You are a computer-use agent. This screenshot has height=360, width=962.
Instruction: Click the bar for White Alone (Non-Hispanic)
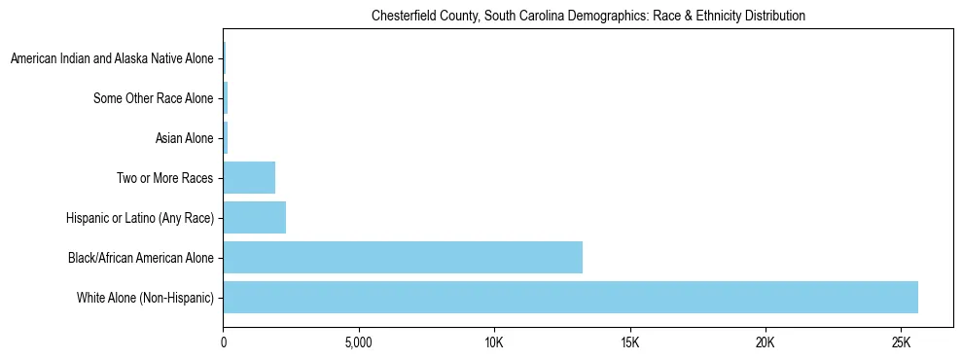(x=570, y=297)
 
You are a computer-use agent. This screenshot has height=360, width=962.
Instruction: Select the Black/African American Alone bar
(x=403, y=257)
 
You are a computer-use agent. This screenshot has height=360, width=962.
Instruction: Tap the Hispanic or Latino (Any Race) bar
(x=255, y=217)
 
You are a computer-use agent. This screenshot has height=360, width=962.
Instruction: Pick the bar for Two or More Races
(x=249, y=177)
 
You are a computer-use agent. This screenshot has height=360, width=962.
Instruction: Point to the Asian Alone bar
(x=226, y=138)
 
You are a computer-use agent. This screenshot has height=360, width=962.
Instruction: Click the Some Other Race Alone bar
(x=226, y=98)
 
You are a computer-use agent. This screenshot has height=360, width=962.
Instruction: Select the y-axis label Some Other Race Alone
(x=154, y=98)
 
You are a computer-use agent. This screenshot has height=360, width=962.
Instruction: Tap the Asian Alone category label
(x=184, y=138)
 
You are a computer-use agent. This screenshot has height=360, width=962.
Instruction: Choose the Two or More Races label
(x=164, y=178)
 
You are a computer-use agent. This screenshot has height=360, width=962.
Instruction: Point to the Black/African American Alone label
(x=141, y=258)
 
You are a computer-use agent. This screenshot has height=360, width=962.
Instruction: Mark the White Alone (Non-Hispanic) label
(x=145, y=297)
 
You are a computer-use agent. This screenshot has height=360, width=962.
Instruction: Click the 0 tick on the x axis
(x=224, y=343)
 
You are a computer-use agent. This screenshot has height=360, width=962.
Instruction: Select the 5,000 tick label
(x=359, y=343)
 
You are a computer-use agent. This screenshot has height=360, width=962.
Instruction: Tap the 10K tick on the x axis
(x=494, y=343)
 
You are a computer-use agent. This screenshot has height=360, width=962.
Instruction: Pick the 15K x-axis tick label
(x=629, y=343)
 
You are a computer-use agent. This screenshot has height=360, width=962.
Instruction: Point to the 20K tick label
(x=766, y=343)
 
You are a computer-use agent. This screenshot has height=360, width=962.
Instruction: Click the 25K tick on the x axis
(x=901, y=343)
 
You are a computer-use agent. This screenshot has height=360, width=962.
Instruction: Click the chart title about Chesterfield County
(x=588, y=17)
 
